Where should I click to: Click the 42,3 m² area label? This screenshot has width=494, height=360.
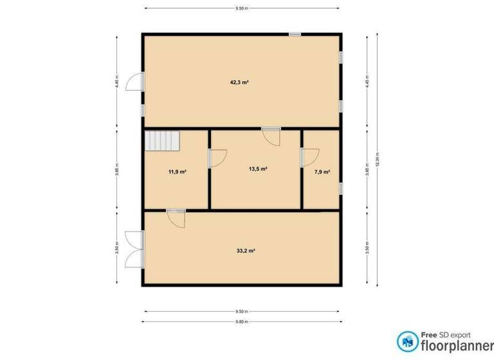(239, 82)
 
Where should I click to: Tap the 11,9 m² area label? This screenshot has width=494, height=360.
(177, 172)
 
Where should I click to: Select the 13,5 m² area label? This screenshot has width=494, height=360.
(257, 169)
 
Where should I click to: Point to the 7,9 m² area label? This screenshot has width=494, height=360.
(322, 172)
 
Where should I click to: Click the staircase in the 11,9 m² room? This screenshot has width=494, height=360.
(161, 139)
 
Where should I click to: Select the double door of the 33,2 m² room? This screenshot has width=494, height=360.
(136, 248)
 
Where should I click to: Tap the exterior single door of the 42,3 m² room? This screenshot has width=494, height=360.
(134, 82)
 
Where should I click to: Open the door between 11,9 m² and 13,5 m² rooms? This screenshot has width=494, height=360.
(217, 157)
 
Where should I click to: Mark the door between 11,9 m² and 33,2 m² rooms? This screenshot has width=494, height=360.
(176, 218)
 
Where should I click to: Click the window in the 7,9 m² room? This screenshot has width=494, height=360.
(341, 188)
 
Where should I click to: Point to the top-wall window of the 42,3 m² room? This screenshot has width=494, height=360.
(295, 34)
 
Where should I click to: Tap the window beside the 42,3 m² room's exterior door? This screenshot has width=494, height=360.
(143, 111)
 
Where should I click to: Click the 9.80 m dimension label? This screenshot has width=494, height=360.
(242, 321)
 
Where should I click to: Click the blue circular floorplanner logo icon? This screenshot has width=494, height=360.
(407, 341)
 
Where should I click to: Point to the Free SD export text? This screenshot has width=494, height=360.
(446, 334)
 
